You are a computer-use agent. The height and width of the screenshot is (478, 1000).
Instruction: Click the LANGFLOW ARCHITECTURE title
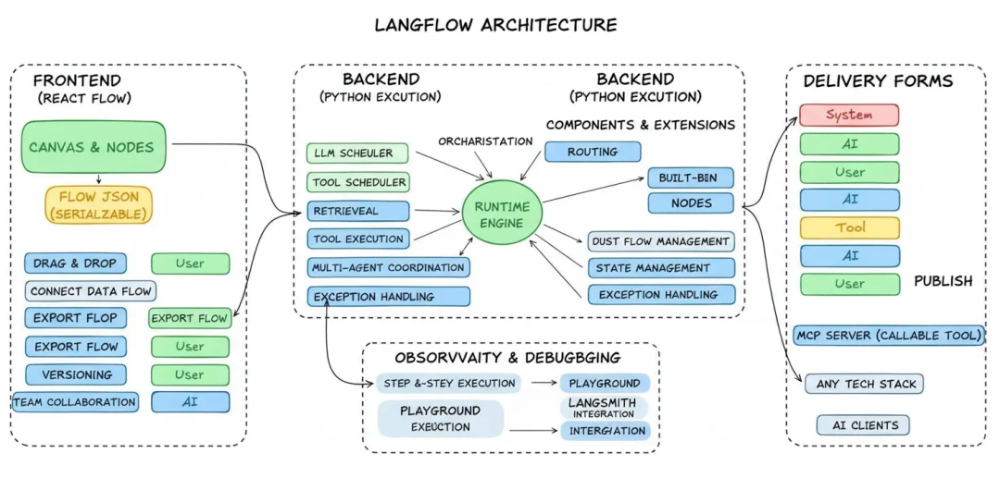495,25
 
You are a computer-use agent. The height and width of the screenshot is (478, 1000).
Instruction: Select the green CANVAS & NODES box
92,146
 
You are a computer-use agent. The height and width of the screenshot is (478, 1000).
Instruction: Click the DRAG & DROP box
76,264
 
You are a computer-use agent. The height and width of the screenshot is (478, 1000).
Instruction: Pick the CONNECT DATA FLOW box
90,291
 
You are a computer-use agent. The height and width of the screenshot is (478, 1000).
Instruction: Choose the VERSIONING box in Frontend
76,374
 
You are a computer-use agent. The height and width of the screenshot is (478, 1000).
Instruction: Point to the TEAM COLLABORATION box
75,402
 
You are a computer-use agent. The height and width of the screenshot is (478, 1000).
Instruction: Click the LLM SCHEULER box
356,153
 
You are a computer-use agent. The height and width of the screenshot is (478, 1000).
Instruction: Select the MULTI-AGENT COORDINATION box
388,268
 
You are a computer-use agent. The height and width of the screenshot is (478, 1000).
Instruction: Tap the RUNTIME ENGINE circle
501,214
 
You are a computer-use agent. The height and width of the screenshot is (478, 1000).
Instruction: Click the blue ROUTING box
593,152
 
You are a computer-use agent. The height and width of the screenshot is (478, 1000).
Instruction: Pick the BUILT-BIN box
690,178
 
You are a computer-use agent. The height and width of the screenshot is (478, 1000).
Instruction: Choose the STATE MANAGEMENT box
661,268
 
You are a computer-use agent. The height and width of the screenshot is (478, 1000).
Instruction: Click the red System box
849,116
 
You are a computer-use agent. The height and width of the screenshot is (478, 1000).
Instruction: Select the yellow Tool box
849,227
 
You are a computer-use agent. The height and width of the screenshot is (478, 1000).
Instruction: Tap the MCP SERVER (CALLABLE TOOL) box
889,335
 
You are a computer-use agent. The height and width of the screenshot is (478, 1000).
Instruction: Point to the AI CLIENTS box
863,425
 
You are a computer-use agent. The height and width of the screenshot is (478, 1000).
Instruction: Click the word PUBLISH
943,281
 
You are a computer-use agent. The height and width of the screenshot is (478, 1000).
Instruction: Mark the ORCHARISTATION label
485,141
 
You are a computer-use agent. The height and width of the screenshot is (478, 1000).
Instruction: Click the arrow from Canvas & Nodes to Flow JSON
97,178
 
